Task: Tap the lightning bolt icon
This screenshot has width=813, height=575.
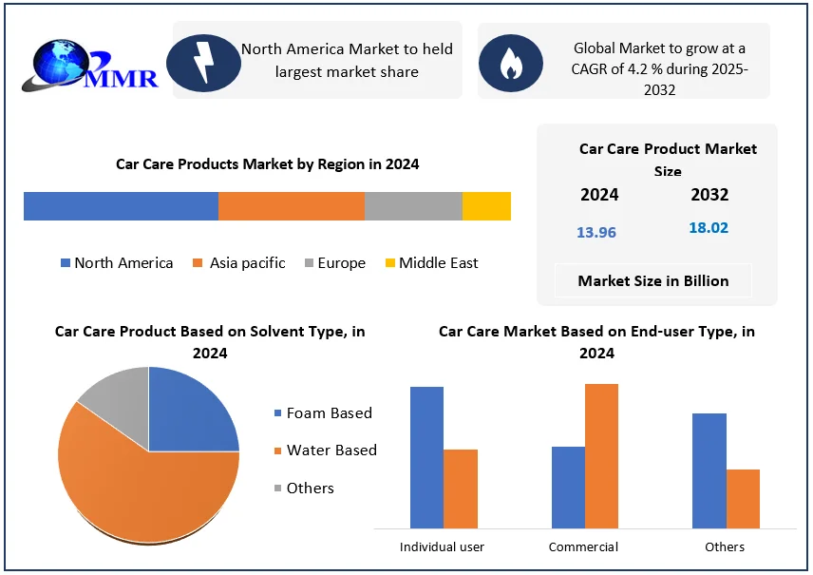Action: [203, 62]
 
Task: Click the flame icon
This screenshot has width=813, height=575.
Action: [510, 62]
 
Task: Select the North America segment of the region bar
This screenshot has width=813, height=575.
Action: [121, 206]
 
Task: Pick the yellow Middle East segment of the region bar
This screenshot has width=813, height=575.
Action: [486, 206]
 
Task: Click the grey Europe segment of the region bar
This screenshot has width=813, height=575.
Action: [413, 206]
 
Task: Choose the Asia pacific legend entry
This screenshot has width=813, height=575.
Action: [238, 263]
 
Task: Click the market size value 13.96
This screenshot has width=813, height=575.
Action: [596, 232]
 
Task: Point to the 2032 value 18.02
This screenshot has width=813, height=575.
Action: [709, 228]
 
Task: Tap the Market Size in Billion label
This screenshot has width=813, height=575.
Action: [653, 280]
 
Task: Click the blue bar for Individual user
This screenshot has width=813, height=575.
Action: [426, 457]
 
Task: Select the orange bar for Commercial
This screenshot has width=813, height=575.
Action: [601, 456]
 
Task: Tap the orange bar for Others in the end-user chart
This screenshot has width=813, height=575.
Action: [743, 499]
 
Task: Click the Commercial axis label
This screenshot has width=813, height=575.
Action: [583, 546]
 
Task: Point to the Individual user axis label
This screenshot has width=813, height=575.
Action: [442, 546]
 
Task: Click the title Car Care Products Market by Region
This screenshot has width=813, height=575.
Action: [267, 164]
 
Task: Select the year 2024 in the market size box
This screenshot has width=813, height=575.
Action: [599, 195]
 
